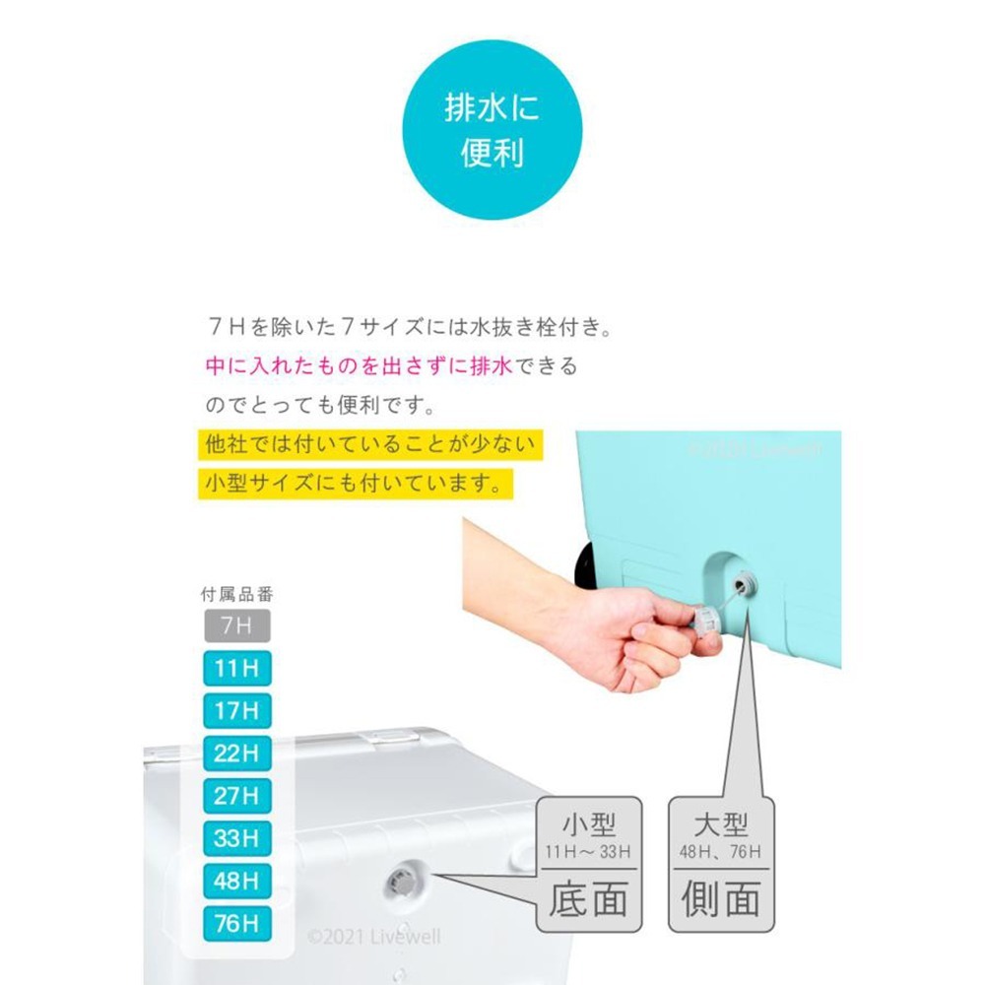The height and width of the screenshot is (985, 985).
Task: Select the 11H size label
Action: pos(236,670)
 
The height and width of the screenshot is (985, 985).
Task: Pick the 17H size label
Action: pos(236,711)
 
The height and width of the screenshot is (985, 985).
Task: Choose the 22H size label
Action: pos(236,754)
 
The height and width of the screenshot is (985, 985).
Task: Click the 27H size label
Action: pos(236,796)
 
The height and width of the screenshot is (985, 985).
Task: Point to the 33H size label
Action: pos(236,838)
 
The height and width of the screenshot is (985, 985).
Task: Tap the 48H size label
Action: pos(236,881)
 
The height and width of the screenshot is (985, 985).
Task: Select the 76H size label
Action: pos(236,923)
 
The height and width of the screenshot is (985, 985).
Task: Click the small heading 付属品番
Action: pos(235,594)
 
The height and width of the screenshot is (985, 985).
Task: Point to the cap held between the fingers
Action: pos(705,622)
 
